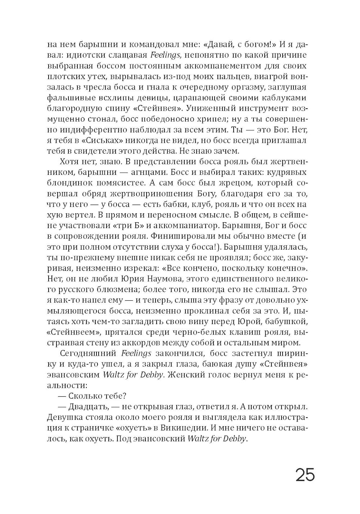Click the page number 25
click(305, 475)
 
